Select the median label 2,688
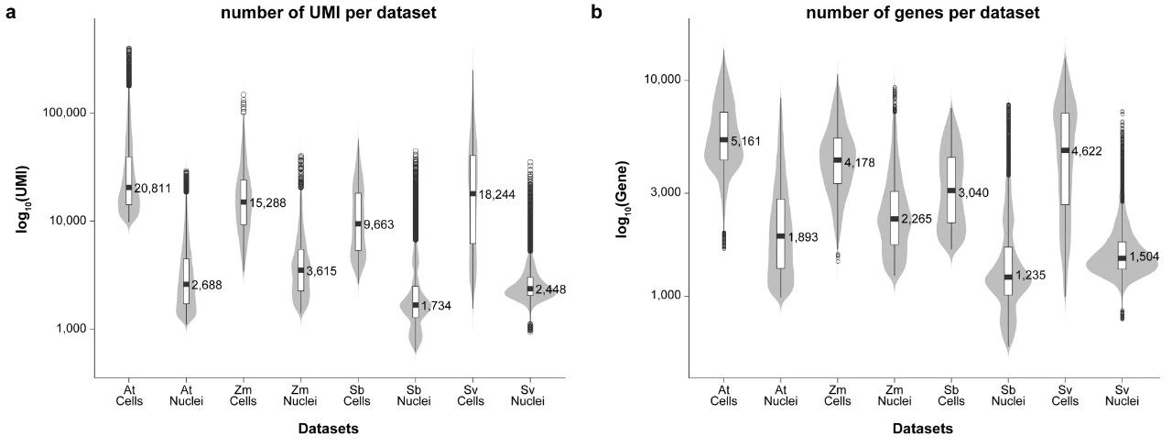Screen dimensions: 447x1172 (207, 285)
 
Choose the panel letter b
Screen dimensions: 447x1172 (596, 13)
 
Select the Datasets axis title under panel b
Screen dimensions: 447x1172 (923, 428)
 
